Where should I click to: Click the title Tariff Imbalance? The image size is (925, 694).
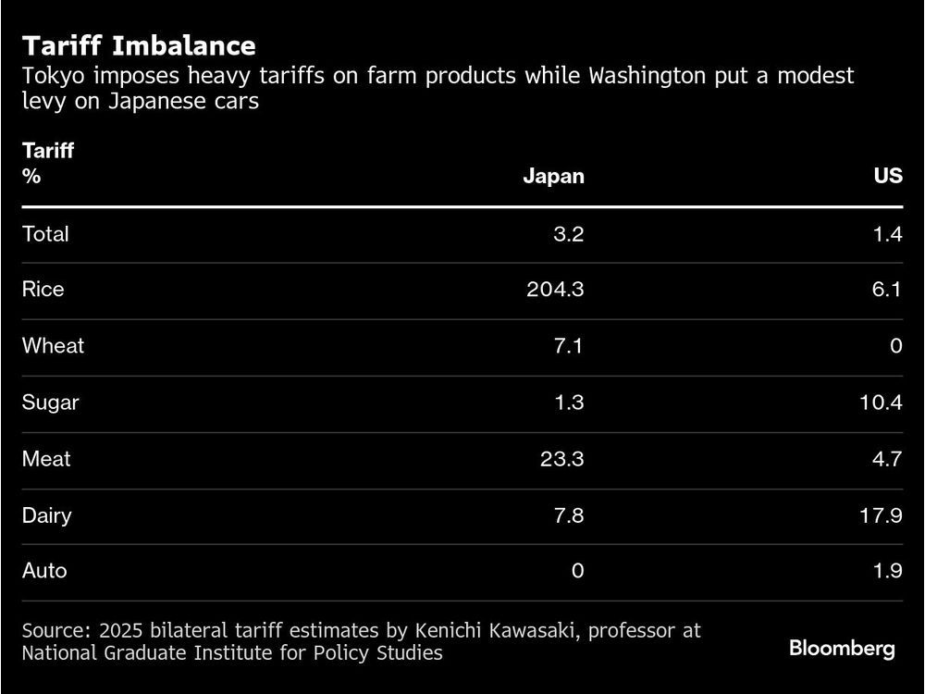tap(139, 45)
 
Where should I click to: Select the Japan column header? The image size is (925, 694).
tap(553, 176)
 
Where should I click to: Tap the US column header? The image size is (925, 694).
tap(887, 176)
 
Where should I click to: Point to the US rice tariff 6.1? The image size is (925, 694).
tap(885, 290)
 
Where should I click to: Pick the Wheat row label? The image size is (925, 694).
tap(53, 346)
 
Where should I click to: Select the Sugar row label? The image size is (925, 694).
tap(51, 403)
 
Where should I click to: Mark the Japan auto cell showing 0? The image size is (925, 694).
tap(577, 571)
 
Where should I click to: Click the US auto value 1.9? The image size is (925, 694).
tap(886, 571)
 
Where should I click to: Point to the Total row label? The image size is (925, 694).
tap(45, 234)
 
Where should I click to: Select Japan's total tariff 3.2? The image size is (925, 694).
tap(568, 234)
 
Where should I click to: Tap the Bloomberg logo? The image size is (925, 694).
tap(842, 649)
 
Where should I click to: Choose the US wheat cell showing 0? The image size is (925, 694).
tap(894, 346)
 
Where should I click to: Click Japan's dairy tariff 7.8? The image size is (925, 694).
tap(567, 515)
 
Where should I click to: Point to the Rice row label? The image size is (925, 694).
tap(43, 290)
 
